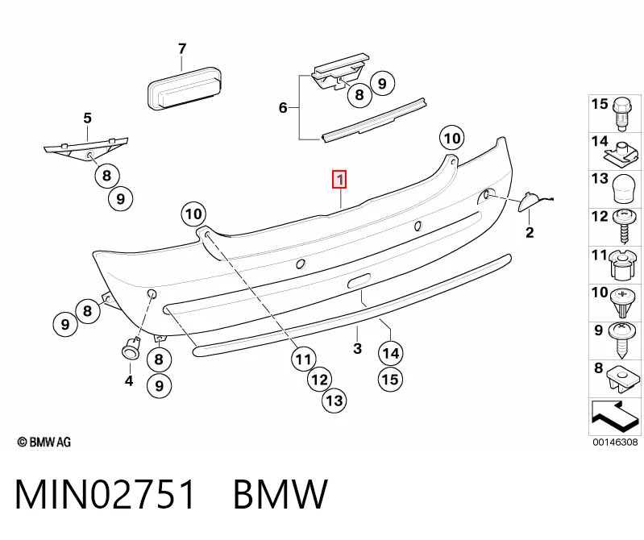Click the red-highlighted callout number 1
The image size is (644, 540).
click(339, 180)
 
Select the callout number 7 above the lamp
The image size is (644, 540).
click(182, 49)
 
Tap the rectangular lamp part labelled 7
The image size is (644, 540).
click(185, 90)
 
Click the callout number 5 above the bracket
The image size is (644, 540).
click(88, 118)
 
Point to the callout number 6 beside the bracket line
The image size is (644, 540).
click(283, 107)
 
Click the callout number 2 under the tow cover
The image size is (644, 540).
click(530, 232)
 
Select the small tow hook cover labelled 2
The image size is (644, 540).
click(530, 201)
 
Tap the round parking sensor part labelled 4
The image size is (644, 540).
click(131, 350)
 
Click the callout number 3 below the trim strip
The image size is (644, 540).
click(357, 348)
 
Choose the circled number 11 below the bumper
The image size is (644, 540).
click(304, 359)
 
